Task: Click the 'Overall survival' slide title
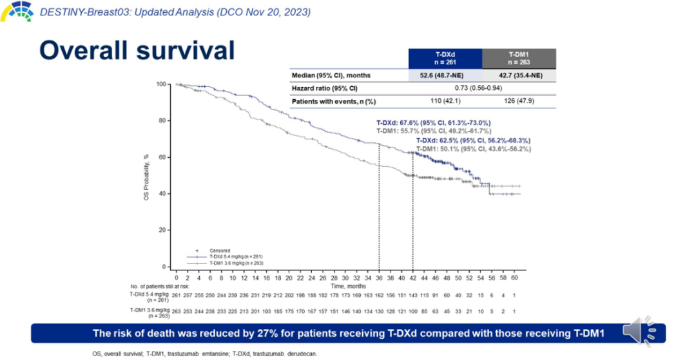[x=137, y=51]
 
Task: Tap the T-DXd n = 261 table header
[x=445, y=58]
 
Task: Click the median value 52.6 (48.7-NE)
[x=445, y=75]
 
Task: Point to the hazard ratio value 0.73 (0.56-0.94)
[x=481, y=88]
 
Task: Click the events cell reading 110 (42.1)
[x=445, y=101]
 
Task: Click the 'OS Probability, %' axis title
[x=146, y=175]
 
